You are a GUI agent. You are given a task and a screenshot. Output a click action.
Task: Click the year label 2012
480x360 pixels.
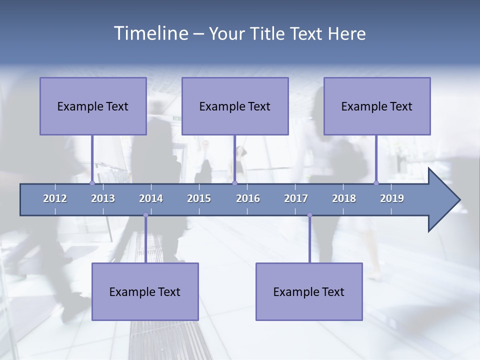click(55, 198)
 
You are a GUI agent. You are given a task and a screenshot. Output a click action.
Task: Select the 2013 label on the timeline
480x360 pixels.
click(103, 198)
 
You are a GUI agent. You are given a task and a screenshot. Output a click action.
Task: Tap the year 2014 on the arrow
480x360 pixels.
click(151, 198)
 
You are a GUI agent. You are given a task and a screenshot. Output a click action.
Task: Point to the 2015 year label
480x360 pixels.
click(199, 198)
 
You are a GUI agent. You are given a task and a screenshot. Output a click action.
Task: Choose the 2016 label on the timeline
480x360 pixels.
click(248, 198)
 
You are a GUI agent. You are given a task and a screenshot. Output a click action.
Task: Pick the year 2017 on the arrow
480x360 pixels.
click(296, 198)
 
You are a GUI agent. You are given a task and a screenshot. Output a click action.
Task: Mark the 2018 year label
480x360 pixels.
click(344, 198)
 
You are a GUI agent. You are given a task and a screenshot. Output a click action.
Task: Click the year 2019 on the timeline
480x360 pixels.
click(392, 198)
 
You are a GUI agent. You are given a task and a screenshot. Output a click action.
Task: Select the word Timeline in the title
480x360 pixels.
click(150, 33)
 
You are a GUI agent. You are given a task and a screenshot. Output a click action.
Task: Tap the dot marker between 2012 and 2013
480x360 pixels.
click(92, 183)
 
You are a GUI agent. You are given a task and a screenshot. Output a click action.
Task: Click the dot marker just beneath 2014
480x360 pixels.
click(145, 215)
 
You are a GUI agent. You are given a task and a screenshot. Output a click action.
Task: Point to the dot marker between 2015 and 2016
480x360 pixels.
click(234, 183)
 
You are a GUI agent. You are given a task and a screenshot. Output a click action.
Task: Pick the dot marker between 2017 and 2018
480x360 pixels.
click(309, 215)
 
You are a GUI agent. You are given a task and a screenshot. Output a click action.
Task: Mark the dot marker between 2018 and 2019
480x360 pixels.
click(376, 183)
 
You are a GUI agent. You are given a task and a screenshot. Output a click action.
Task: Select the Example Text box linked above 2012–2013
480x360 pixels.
click(93, 106)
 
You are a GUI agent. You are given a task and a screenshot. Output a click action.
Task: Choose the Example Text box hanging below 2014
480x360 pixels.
click(145, 291)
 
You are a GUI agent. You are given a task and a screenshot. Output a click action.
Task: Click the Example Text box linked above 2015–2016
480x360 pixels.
click(235, 106)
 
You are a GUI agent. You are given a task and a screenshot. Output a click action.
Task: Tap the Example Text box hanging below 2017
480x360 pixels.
click(309, 291)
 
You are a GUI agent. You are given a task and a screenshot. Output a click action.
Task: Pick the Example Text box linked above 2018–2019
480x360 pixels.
click(377, 106)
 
